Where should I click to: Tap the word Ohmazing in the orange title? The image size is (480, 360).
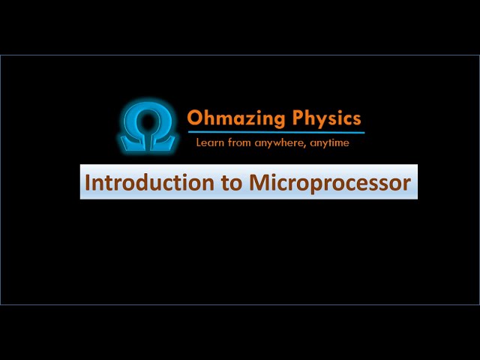click(x=235, y=118)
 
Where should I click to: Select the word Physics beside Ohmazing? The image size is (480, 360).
click(x=326, y=118)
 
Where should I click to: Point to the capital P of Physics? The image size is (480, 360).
click(x=296, y=118)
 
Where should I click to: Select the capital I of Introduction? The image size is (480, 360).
click(x=88, y=182)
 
